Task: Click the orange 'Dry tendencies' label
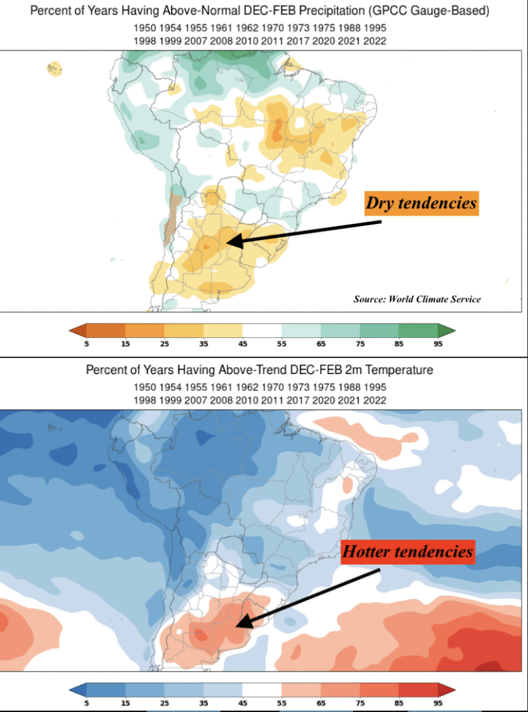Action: (422, 203)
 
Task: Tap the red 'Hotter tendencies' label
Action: (408, 553)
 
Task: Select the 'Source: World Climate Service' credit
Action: (417, 299)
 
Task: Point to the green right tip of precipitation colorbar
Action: (447, 330)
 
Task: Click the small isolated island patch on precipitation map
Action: (54, 68)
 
